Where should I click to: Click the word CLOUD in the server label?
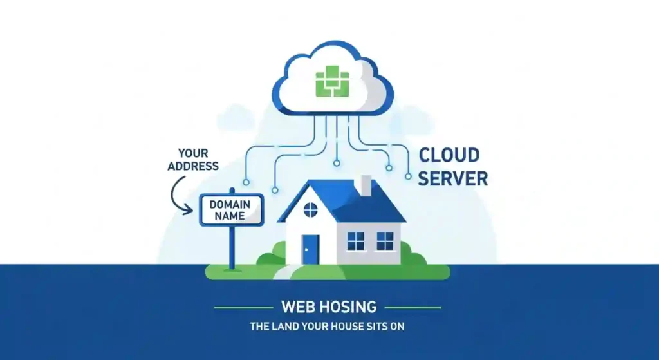(x=449, y=155)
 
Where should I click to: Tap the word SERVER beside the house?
(x=452, y=178)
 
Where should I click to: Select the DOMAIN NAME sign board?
(x=232, y=210)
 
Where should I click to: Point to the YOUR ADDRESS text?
(x=192, y=160)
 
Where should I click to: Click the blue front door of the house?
(x=310, y=249)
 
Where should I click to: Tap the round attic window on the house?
(x=310, y=209)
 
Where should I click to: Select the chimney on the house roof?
(x=366, y=185)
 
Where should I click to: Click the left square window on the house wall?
(x=355, y=241)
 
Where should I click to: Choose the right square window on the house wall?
(x=385, y=241)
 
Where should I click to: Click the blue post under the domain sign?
(x=232, y=247)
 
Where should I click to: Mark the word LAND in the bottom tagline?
(x=283, y=327)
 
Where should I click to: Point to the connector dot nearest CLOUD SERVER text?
(x=407, y=175)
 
